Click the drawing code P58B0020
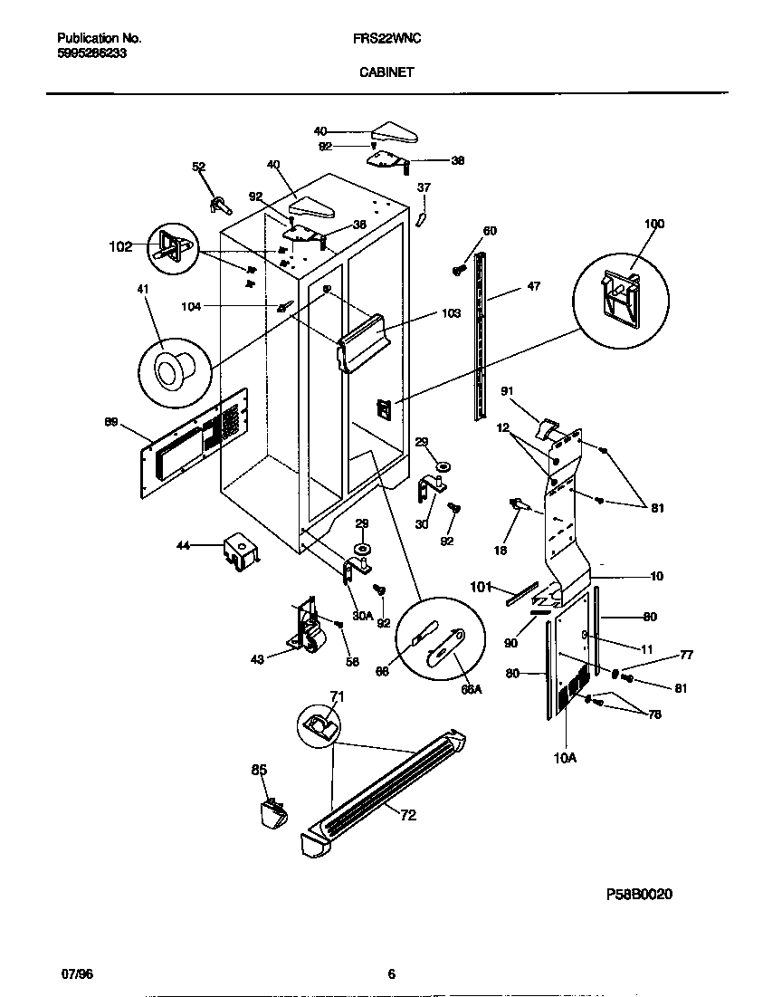click(x=640, y=893)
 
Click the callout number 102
click(x=120, y=245)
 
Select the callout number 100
click(x=653, y=224)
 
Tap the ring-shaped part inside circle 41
click(x=169, y=369)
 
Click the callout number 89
click(x=111, y=421)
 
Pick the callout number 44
click(x=183, y=545)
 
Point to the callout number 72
click(x=408, y=815)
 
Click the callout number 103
click(x=452, y=313)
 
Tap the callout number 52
click(x=199, y=166)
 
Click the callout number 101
click(x=482, y=587)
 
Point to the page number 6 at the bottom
click(x=391, y=974)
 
